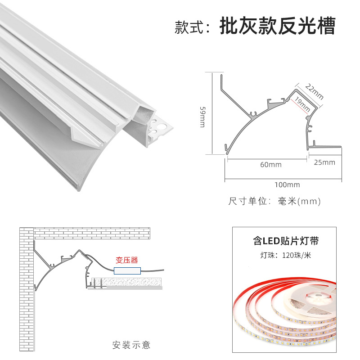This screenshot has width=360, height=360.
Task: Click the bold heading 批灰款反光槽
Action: (277, 27)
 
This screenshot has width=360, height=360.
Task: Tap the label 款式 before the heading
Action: (189, 27)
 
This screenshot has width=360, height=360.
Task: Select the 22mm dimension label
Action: (314, 90)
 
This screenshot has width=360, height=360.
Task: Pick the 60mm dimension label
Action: (271, 164)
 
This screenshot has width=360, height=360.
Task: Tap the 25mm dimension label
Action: (324, 162)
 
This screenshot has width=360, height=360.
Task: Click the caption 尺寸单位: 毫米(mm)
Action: (274, 201)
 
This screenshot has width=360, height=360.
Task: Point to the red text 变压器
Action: (126, 260)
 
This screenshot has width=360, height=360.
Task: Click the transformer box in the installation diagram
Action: (128, 271)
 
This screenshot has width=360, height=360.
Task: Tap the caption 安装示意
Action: (131, 345)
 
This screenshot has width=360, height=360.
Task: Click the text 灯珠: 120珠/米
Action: (286, 256)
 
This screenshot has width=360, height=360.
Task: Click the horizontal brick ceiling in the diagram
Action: (90, 233)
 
